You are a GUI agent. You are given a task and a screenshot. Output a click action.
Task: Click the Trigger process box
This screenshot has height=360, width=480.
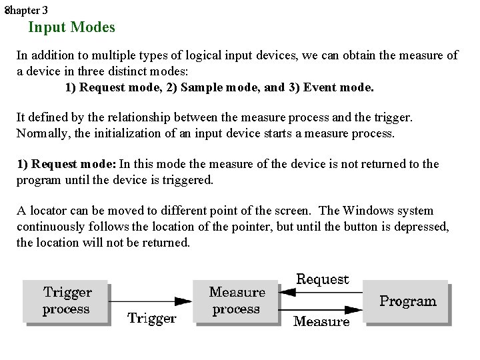(x=66, y=301)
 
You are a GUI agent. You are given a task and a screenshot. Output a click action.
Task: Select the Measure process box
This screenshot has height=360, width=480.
(x=236, y=301)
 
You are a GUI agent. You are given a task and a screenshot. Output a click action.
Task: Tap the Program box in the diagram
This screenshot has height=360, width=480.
(x=407, y=301)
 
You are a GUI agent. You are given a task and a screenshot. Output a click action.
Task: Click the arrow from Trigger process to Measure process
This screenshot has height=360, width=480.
(x=151, y=301)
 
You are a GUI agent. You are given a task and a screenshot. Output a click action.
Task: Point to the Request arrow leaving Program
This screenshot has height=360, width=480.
(x=320, y=292)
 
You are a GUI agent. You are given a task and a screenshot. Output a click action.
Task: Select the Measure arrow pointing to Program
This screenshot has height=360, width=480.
(x=320, y=309)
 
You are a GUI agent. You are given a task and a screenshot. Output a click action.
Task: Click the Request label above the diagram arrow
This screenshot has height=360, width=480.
(x=323, y=279)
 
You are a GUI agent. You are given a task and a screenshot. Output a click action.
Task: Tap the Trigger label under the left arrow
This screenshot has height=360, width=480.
(x=152, y=319)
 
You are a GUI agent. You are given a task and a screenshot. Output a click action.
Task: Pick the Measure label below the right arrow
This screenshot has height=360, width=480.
(x=321, y=322)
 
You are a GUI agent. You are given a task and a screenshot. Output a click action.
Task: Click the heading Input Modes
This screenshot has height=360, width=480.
(x=71, y=27)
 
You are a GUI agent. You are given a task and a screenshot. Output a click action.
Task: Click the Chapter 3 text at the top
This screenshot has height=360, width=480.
(x=26, y=10)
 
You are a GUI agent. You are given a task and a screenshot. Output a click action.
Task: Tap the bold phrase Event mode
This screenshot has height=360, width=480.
(x=339, y=87)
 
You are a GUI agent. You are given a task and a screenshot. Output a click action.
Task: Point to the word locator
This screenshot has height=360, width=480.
(x=49, y=211)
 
